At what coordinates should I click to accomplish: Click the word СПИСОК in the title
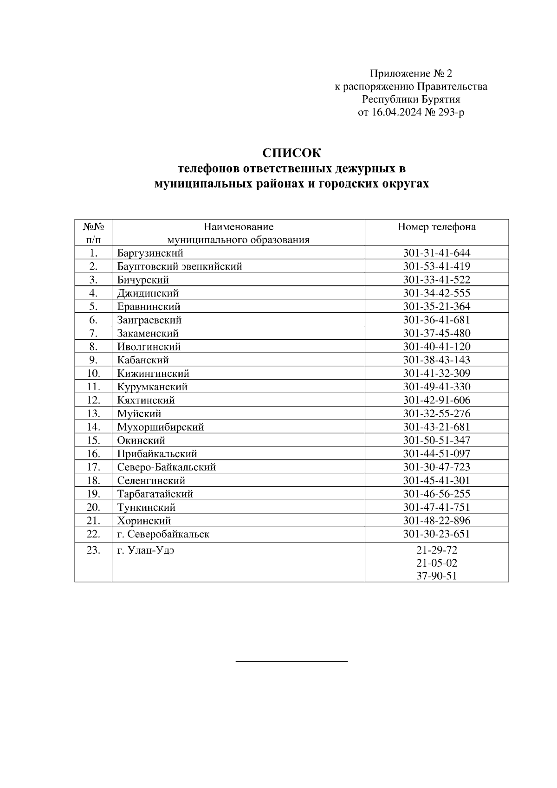pyautogui.click(x=291, y=153)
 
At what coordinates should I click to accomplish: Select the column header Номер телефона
pyautogui.click(x=436, y=227)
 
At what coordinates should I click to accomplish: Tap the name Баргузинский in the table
pyautogui.click(x=150, y=253)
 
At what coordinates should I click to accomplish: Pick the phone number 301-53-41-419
pyautogui.click(x=436, y=266)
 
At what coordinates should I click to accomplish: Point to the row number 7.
pyautogui.click(x=93, y=333)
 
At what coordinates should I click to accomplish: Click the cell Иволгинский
pyautogui.click(x=149, y=347)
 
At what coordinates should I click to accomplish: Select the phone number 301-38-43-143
pyautogui.click(x=436, y=360)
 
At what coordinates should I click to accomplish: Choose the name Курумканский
pyautogui.click(x=152, y=387)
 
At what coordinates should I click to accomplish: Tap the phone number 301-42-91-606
pyautogui.click(x=436, y=400)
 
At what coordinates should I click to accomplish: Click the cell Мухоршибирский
pyautogui.click(x=160, y=427)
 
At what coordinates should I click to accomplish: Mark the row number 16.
pyautogui.click(x=93, y=454)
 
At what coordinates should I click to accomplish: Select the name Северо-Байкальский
pyautogui.click(x=166, y=467)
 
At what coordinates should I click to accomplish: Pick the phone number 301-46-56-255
pyautogui.click(x=436, y=494)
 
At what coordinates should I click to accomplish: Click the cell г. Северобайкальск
pyautogui.click(x=163, y=534)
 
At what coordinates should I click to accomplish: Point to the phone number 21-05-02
pyautogui.click(x=436, y=563)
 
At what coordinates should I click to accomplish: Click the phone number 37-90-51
pyautogui.click(x=436, y=576)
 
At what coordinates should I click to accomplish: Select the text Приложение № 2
pyautogui.click(x=410, y=73)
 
